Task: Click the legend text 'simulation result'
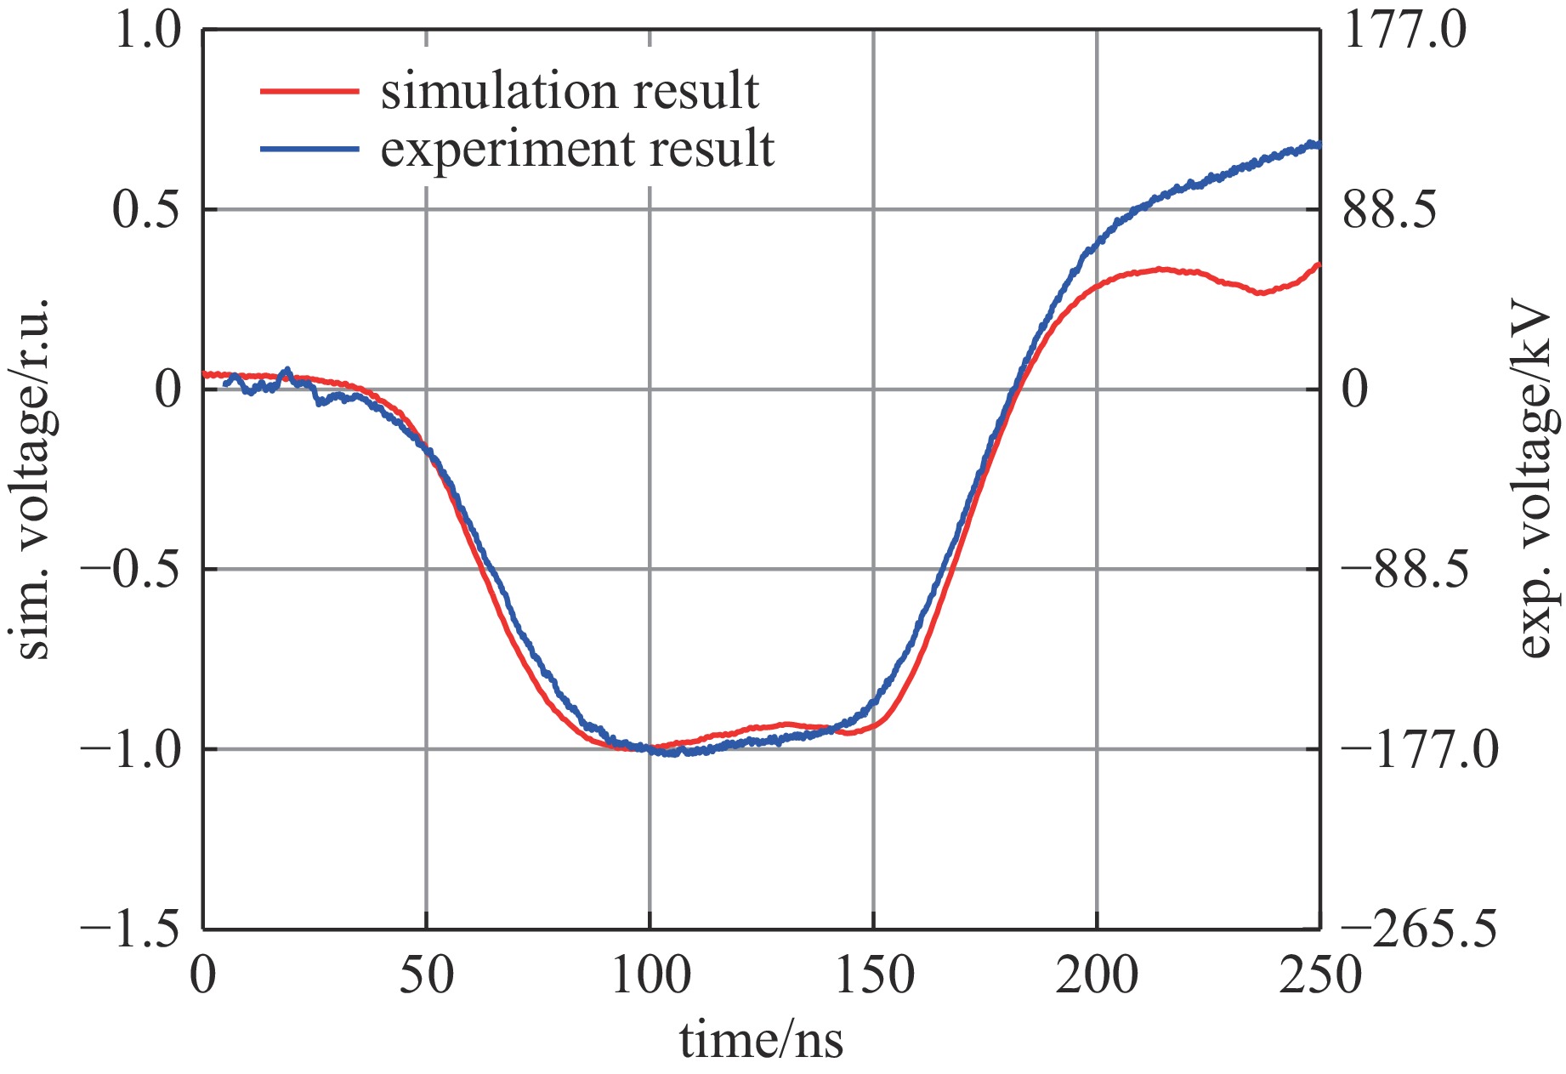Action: point(569,91)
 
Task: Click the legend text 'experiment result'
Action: point(577,149)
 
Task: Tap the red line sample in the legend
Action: point(309,91)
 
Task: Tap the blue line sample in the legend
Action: point(309,149)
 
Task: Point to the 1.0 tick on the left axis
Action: point(148,31)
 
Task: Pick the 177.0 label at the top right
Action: point(1404,31)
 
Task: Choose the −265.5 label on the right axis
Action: point(1419,930)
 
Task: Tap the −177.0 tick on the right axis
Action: point(1419,750)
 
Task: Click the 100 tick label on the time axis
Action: point(650,975)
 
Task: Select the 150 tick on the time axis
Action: point(874,975)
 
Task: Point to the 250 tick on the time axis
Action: point(1319,975)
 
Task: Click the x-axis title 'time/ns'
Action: point(761,1040)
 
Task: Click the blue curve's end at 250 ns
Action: point(1318,145)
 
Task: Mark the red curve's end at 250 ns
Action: point(1318,265)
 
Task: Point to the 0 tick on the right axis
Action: point(1355,389)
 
